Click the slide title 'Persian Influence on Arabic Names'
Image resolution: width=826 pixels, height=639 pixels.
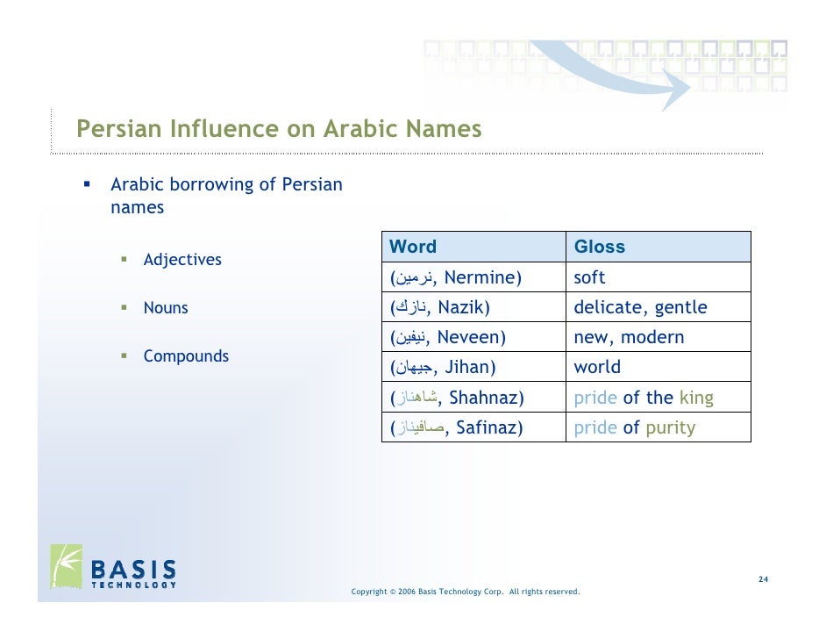coord(279,129)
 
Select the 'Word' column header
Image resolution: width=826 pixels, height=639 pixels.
coord(412,247)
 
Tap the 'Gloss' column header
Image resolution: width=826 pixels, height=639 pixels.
coord(599,247)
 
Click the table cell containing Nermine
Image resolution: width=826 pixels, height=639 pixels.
coord(456,278)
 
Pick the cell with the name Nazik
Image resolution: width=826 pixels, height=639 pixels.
coord(440,308)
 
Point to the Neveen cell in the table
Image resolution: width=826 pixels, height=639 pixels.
coord(448,338)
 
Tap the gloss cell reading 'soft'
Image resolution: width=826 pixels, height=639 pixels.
coord(589,278)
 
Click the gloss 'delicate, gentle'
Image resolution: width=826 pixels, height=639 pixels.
coord(640,308)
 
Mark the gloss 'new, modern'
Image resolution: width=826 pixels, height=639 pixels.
coord(629,338)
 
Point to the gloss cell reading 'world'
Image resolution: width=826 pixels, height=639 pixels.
coord(597,368)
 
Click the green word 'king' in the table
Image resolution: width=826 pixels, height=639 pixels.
coord(696,398)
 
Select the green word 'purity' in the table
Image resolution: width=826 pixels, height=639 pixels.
coord(670,428)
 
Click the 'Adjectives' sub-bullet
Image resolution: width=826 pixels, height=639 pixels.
coord(182,260)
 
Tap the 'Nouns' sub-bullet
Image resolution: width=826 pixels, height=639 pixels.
coord(166,308)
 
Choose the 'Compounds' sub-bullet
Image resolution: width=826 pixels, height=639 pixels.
coord(186,356)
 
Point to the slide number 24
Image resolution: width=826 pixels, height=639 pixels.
coord(763,580)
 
